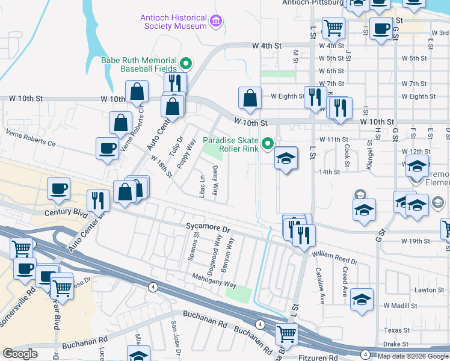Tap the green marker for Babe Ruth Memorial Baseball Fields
coord(186,63)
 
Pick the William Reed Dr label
coord(334,258)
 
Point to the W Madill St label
coord(399,306)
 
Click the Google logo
coord(20,354)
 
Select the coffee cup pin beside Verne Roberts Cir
coord(108,149)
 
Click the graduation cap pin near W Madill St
coord(362,300)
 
